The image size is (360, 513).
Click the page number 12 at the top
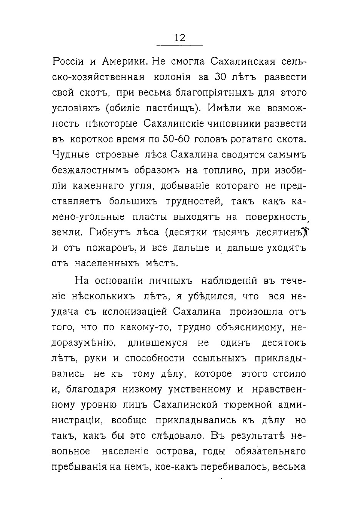[x=180, y=37]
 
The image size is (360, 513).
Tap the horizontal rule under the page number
[x=180, y=45]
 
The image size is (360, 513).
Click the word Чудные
[x=70, y=155]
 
